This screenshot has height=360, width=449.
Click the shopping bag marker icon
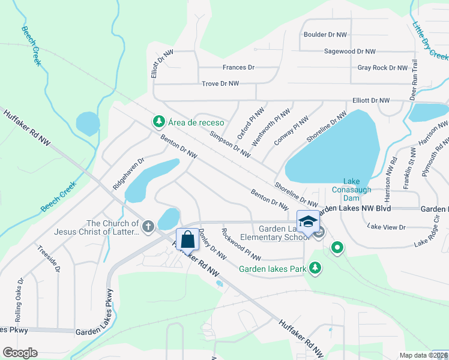(x=188, y=239)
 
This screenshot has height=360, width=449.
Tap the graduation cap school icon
(x=308, y=221)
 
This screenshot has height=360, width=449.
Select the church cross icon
(x=148, y=226)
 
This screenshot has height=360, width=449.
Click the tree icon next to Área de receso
(x=158, y=122)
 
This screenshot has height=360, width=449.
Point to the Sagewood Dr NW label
(x=349, y=52)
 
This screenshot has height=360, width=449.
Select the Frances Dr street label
(x=238, y=68)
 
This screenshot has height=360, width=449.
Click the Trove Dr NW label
(x=220, y=84)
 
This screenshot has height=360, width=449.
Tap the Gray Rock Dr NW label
(x=382, y=68)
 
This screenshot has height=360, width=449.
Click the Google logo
(x=20, y=353)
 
